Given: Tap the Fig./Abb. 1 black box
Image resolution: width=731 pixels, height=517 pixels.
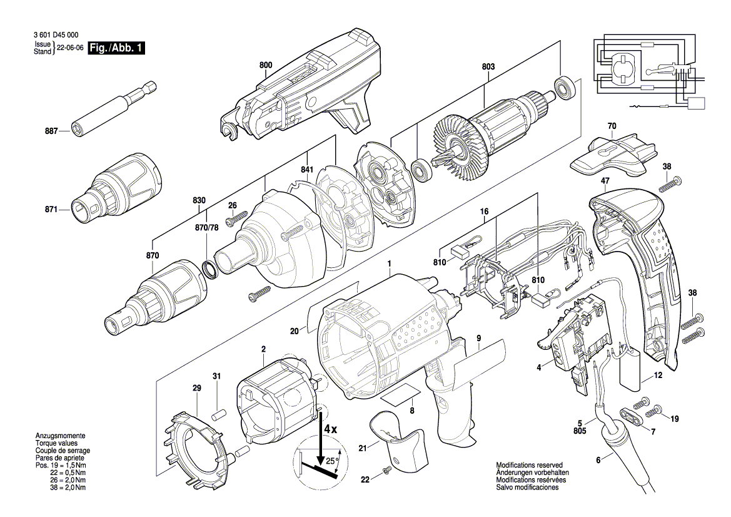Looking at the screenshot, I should (x=117, y=48).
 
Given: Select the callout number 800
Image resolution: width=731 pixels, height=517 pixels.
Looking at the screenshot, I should (x=265, y=64).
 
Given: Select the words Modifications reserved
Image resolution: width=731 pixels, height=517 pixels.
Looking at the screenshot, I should (x=529, y=466).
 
